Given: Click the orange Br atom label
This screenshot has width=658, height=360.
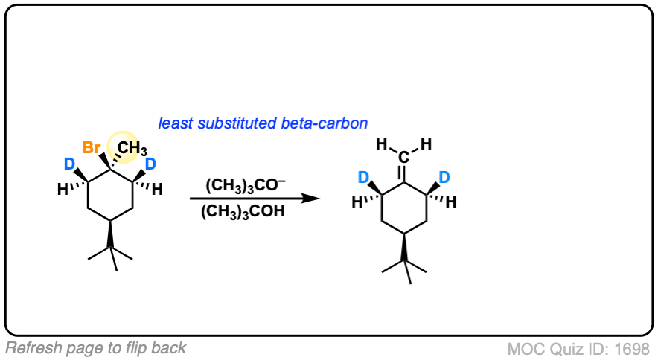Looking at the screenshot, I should [92, 147].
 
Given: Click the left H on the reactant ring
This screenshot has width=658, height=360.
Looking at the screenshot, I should [62, 190].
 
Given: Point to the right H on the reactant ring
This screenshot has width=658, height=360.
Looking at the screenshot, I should [157, 190].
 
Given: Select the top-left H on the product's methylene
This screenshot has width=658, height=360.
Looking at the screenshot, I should [381, 143].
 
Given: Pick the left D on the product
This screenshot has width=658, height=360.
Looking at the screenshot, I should [365, 178].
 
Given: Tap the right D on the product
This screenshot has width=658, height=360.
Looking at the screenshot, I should [444, 178].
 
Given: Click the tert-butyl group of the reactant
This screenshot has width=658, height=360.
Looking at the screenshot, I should [110, 253].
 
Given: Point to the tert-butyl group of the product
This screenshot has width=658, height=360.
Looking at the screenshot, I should [403, 267].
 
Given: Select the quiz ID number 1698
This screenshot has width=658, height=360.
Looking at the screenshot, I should [636, 348].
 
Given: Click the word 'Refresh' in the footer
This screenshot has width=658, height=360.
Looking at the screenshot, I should [28, 347].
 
